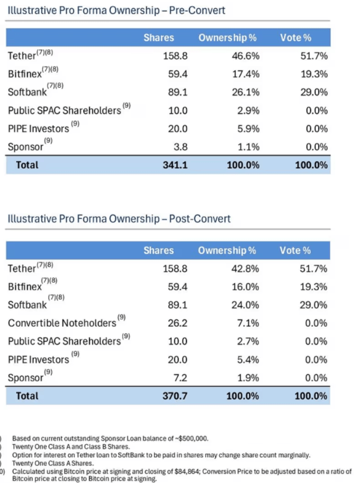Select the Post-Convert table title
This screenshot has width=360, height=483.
[x=118, y=219]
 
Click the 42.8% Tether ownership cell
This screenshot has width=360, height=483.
[x=245, y=269]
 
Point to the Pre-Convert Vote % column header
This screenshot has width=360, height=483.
[x=296, y=38]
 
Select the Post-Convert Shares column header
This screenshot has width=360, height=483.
[x=158, y=250]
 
